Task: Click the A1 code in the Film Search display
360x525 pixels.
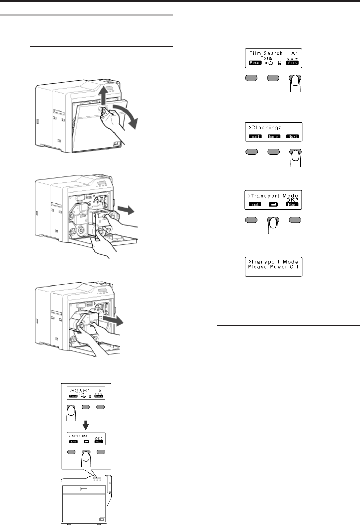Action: tap(295, 53)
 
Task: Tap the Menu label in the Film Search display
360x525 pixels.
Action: tap(292, 63)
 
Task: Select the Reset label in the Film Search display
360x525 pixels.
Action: tap(255, 63)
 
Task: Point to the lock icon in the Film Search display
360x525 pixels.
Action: tap(279, 63)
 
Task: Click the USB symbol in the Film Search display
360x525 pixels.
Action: tap(269, 63)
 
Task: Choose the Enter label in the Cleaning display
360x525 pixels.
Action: tap(274, 136)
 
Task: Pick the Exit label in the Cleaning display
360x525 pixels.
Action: tap(255, 136)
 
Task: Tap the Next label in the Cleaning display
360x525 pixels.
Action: tap(292, 136)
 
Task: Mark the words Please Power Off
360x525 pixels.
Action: tap(273, 267)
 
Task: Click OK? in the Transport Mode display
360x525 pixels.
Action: tap(292, 200)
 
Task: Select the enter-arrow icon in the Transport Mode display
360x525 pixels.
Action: tap(274, 204)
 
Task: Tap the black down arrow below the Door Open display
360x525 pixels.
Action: tap(86, 425)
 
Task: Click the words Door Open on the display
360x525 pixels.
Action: tap(80, 390)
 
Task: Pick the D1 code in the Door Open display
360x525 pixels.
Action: tap(101, 390)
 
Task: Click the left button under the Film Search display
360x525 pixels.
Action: tap(251, 78)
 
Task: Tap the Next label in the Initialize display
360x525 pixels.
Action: tap(99, 442)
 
